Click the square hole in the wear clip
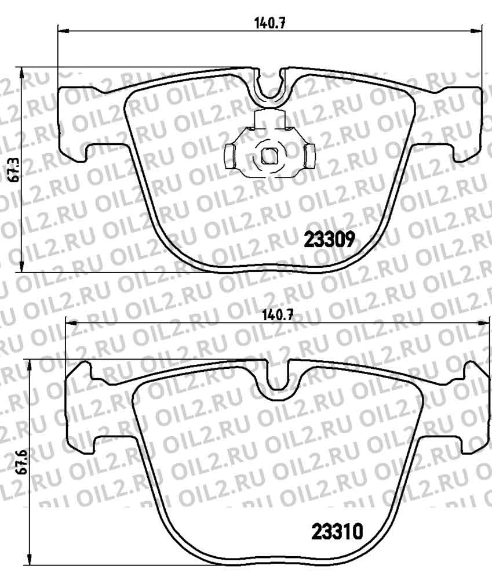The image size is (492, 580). coord(268,155)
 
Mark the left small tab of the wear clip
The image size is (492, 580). coord(228,155)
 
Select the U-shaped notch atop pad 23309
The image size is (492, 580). coord(269,87)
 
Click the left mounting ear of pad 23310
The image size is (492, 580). coord(81,406)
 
